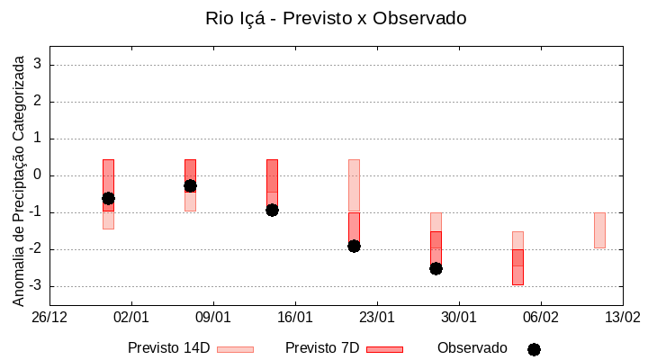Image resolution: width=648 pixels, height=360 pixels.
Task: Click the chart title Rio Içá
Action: [x=336, y=18]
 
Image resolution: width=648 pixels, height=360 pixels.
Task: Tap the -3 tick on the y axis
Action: [x=35, y=286]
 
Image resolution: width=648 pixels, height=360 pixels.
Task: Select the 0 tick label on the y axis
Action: [x=38, y=175]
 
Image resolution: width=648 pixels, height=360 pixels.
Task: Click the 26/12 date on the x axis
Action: [x=49, y=318]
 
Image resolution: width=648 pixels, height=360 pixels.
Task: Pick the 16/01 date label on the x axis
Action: [x=295, y=318]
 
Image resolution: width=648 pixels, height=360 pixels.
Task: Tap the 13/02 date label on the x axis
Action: [x=622, y=318]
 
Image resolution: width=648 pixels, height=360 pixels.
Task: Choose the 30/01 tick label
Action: [x=459, y=318]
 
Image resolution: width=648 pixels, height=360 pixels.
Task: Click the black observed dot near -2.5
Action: [x=436, y=268]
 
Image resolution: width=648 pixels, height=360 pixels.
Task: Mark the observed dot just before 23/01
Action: [x=354, y=246]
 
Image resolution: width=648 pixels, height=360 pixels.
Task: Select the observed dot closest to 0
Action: [x=190, y=185]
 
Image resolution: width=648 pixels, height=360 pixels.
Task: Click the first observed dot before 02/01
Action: [x=108, y=198]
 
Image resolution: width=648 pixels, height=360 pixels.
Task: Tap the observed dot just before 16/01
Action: [x=272, y=210]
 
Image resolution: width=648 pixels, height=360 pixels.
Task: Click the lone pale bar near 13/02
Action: [x=599, y=230]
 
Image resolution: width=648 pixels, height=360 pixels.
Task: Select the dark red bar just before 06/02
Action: [x=517, y=267]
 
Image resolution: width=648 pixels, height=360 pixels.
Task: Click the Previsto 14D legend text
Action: [x=168, y=348]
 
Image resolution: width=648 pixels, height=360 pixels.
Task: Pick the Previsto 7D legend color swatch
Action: [x=384, y=349]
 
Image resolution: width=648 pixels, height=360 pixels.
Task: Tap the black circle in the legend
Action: [x=534, y=349]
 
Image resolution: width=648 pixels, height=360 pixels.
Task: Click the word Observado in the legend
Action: [x=472, y=348]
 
